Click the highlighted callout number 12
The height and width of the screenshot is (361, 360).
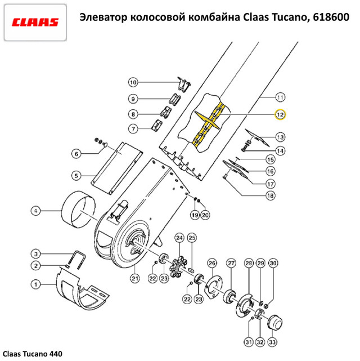(x=280, y=114)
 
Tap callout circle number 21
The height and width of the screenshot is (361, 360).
(x=135, y=277)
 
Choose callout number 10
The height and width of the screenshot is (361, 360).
(x=133, y=83)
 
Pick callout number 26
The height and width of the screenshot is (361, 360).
(x=212, y=263)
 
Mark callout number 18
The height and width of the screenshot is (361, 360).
(x=271, y=195)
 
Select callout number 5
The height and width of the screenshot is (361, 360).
(x=76, y=175)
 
